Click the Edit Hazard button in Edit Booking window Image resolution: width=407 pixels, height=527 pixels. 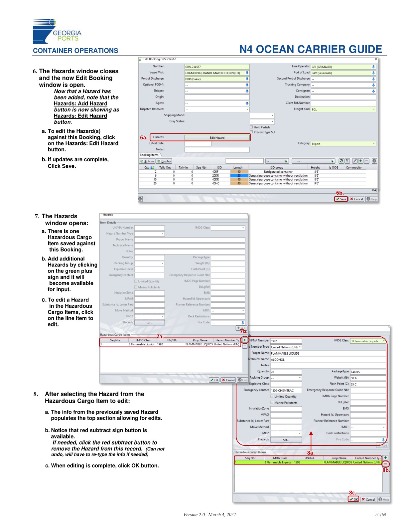(217, 137)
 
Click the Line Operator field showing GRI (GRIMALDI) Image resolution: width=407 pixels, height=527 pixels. (342, 67)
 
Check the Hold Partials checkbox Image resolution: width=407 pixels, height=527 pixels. (251, 127)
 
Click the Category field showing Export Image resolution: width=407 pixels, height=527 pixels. (342, 144)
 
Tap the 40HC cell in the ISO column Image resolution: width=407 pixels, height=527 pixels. (216, 183)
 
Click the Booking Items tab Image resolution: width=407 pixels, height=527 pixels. (149, 155)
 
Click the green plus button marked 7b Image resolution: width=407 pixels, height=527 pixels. (245, 340)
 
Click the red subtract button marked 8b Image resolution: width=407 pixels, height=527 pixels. (385, 464)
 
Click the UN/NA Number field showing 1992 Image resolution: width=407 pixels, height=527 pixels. (286, 341)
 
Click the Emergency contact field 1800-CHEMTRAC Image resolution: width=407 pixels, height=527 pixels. (286, 390)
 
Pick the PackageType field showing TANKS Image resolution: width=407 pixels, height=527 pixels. (367, 372)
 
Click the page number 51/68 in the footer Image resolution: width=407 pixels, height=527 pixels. (380, 515)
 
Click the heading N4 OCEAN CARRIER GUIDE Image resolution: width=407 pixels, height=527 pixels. (311, 49)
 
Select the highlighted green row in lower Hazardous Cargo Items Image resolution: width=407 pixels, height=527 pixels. (308, 462)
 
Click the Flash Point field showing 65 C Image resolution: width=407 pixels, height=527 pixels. (367, 384)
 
